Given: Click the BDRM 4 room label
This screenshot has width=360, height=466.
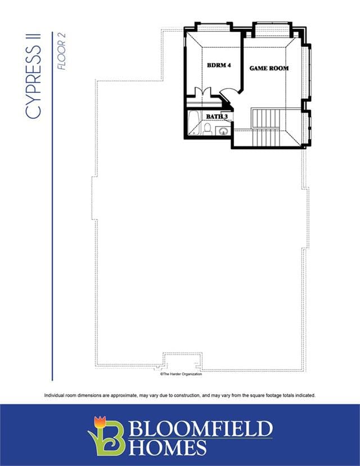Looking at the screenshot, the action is pos(219,65).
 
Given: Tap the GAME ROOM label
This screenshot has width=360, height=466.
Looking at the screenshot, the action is pos(269,68).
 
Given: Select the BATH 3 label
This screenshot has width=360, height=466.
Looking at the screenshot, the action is pos(217,116).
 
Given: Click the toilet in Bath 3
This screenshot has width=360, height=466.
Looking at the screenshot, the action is pos(208,129).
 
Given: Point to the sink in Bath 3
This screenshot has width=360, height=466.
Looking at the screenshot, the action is pos(223,131).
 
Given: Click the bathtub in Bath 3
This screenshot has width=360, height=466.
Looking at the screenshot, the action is pos(193,123).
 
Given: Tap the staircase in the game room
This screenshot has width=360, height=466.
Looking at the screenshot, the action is pos(266,127).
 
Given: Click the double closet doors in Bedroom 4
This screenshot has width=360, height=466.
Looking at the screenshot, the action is pos(202,91).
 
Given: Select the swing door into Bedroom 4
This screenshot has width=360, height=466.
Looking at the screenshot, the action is pos(229,92).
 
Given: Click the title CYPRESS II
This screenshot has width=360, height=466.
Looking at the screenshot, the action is pos(33,76).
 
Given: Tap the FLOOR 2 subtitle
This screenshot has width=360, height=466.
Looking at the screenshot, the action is pos(61,51).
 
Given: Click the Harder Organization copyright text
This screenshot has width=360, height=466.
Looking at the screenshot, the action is pos(181,374).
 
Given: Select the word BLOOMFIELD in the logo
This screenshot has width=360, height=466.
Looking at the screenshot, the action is pos(200,428).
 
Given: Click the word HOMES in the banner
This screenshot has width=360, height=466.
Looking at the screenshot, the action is pos(168,447).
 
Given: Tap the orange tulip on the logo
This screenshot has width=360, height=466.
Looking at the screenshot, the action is pos(100,423).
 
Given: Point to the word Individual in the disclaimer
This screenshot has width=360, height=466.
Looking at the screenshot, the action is pos(53,396).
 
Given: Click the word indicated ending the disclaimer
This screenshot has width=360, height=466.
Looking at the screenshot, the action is pos(305,396).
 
